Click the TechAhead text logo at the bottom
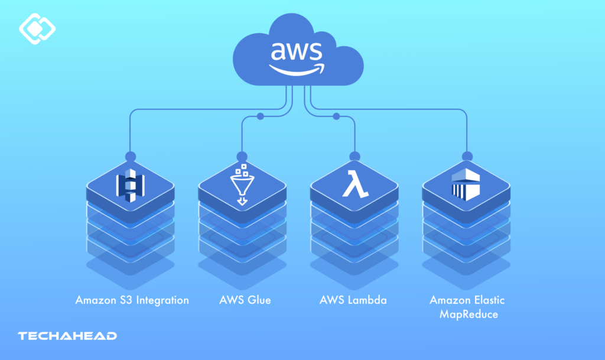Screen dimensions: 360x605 (67, 336)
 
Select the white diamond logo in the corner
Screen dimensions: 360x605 (37, 28)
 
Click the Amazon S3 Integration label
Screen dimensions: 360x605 (132, 300)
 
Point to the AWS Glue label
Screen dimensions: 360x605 (245, 300)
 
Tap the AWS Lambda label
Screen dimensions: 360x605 (353, 300)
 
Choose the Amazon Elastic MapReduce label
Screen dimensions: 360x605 (467, 307)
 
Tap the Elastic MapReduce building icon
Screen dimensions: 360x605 (467, 185)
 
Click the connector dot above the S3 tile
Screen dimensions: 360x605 (131, 157)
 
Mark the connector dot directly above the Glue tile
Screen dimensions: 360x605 (242, 157)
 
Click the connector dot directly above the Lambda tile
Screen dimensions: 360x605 (354, 157)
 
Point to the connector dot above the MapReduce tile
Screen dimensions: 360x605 (467, 157)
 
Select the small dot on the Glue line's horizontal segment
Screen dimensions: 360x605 (261, 116)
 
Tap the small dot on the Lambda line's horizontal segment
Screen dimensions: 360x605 (336, 116)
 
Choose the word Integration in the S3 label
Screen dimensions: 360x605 (162, 300)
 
